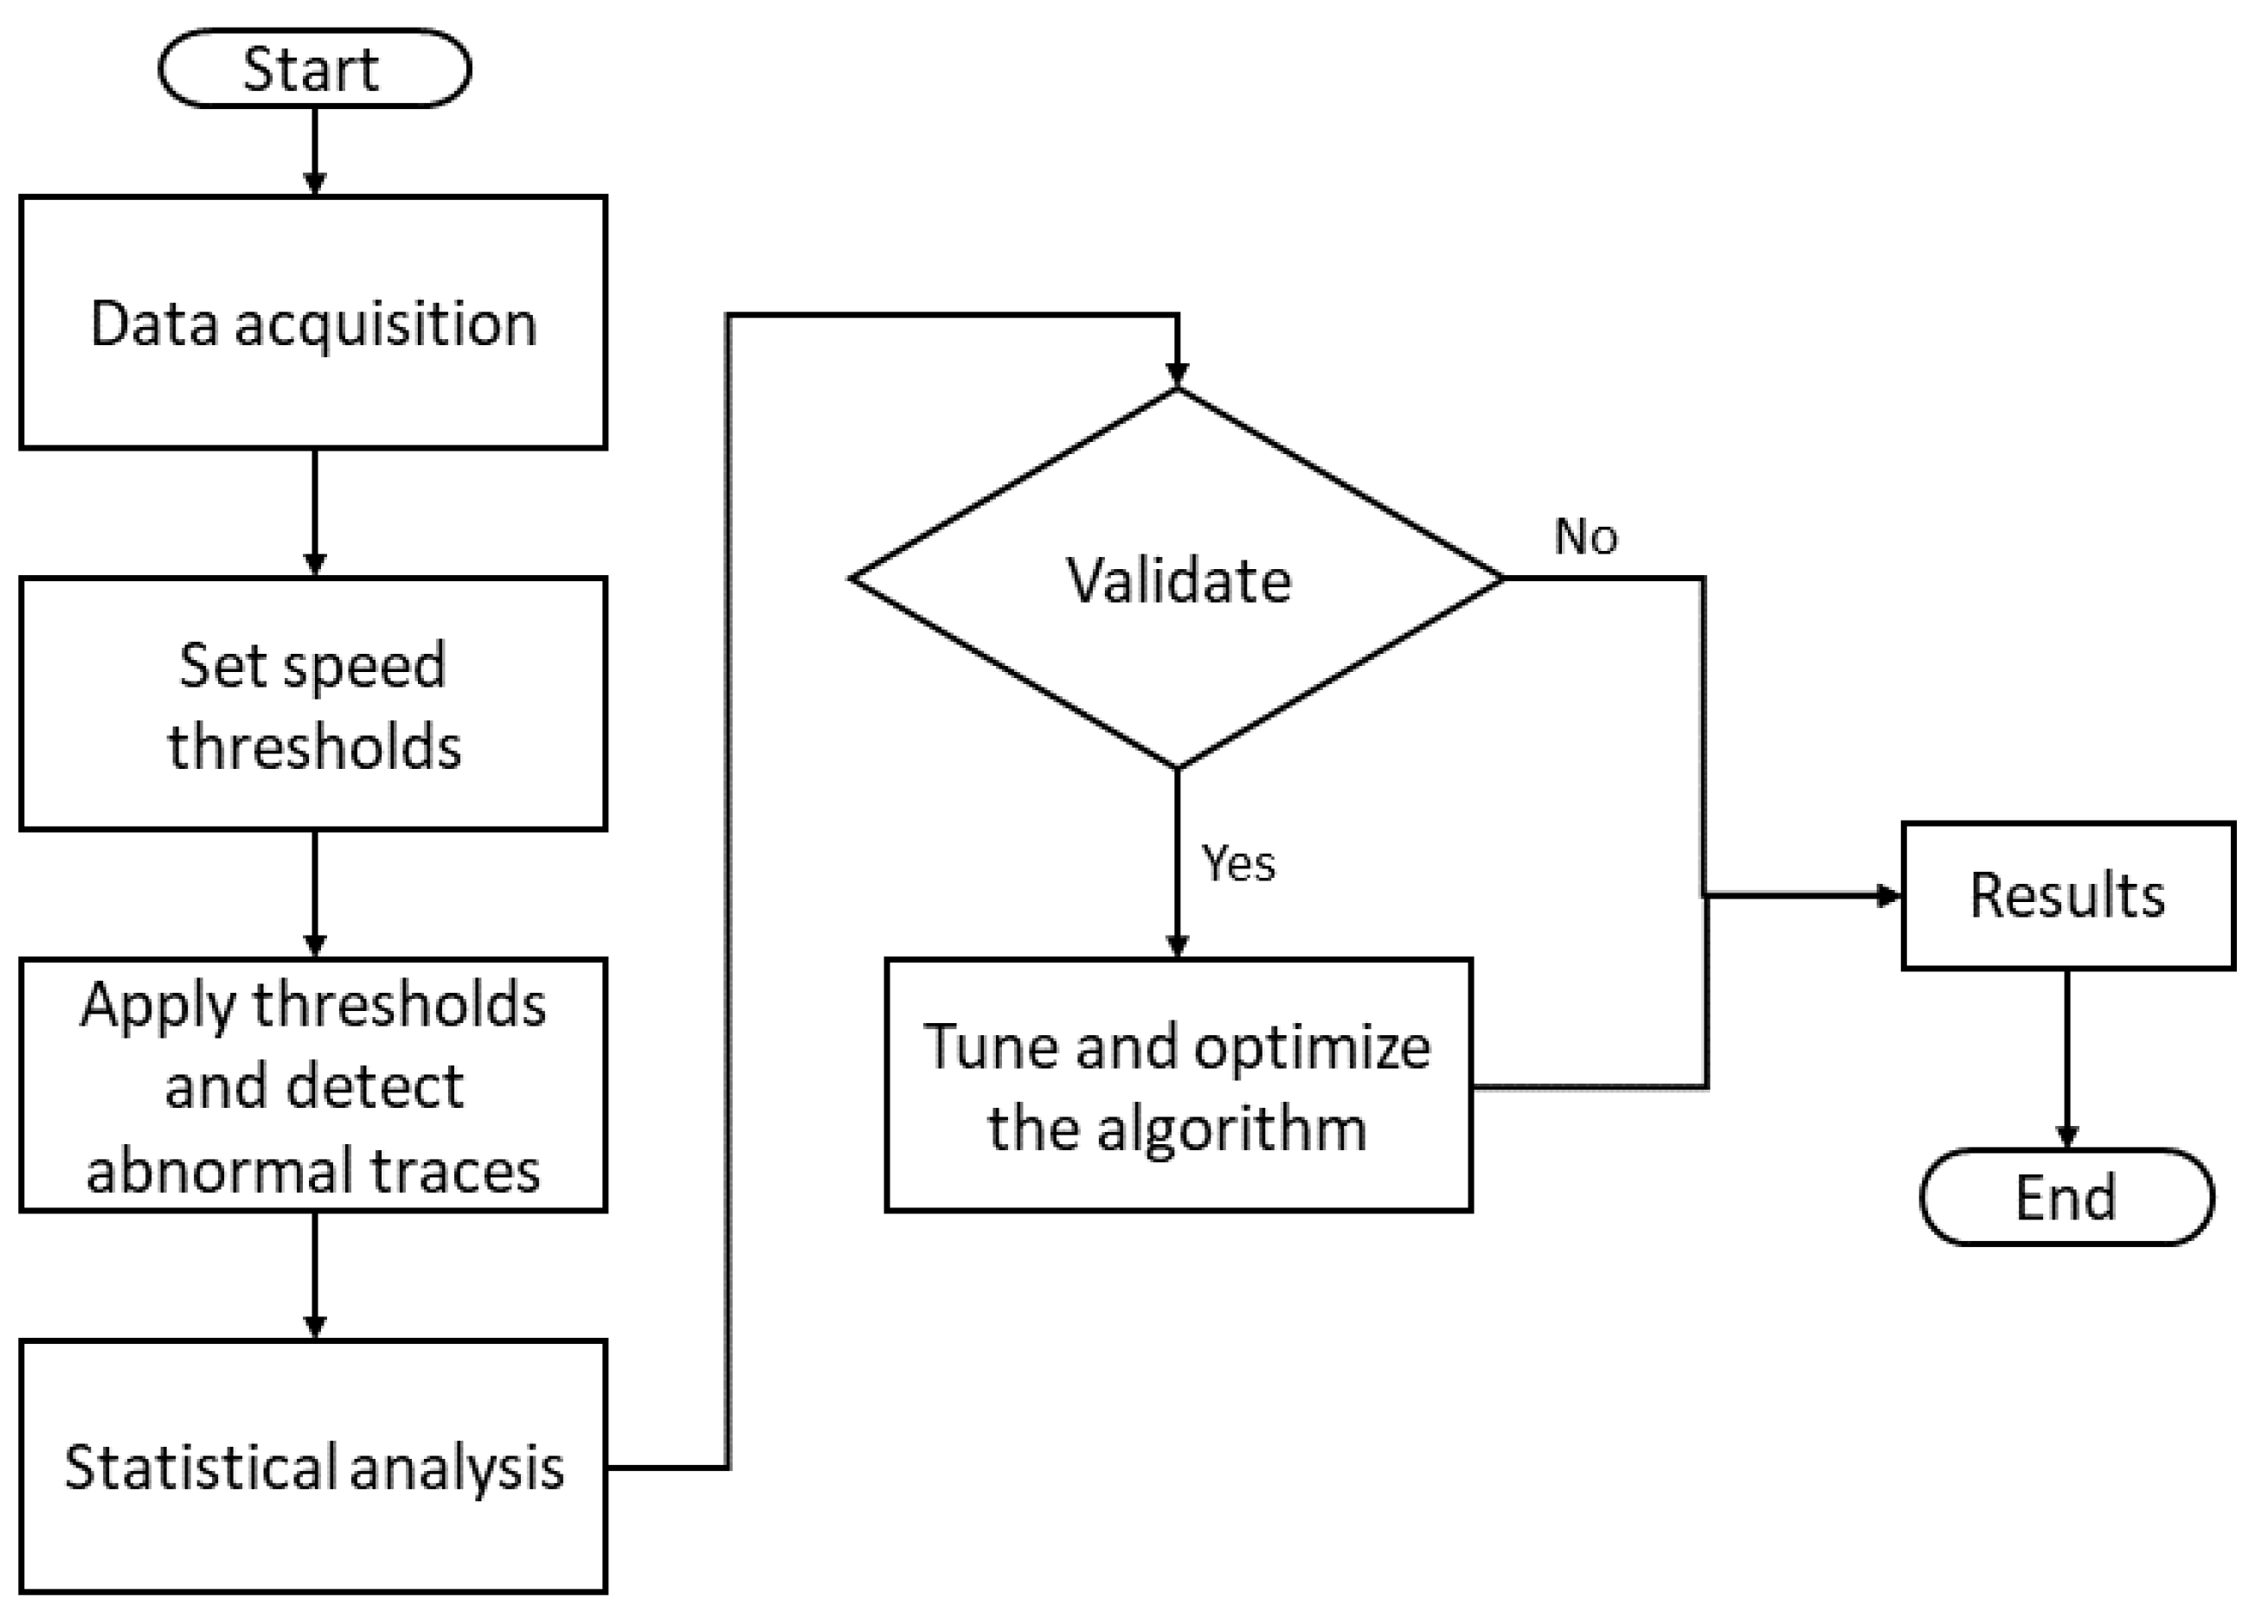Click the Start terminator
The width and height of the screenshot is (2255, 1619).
[313, 68]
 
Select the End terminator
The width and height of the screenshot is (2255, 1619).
[2065, 1197]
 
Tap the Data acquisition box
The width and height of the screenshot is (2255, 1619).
[313, 323]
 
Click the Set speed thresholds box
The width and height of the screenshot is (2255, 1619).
[313, 704]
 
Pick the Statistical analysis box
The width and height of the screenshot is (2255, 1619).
[313, 1467]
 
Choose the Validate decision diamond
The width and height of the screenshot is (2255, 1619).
[1177, 579]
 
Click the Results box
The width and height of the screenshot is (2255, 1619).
[2067, 895]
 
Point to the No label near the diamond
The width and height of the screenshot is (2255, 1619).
[1585, 537]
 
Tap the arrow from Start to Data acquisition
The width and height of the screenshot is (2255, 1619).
[314, 149]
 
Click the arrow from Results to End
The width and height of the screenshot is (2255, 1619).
[2067, 1059]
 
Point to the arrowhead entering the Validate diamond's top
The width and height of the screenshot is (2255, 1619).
[1177, 374]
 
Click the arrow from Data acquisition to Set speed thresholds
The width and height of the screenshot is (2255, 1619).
[314, 512]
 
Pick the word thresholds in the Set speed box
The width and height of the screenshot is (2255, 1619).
[313, 746]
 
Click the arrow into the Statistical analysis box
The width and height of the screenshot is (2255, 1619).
[314, 1277]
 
